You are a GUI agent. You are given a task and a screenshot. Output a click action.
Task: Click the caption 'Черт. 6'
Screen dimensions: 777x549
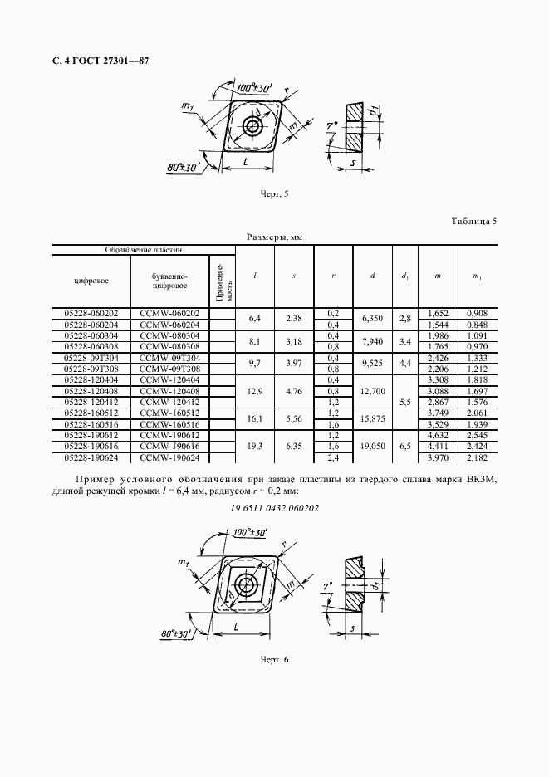[274, 659]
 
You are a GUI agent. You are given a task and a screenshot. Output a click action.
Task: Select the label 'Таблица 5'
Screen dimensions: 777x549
[474, 221]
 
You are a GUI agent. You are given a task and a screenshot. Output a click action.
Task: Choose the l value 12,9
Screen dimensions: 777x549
[255, 391]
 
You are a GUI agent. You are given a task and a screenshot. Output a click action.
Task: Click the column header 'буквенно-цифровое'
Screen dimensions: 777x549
[169, 281]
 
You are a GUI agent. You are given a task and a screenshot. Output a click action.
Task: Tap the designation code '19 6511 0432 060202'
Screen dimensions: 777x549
[274, 508]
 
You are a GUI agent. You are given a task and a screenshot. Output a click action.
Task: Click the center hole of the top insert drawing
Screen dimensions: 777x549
[251, 126]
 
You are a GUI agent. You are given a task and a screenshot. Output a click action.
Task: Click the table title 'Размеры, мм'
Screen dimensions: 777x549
[274, 237]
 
